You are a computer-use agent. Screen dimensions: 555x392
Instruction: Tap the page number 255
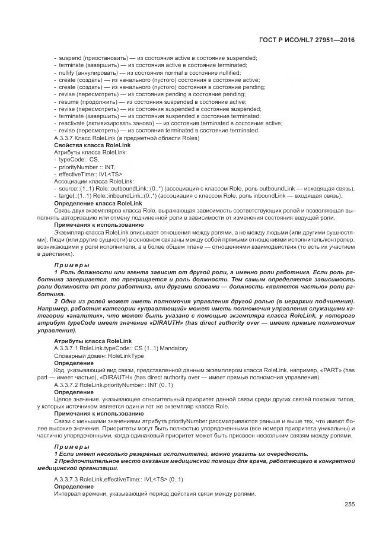point(349,504)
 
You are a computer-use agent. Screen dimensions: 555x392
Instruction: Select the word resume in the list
point(68,102)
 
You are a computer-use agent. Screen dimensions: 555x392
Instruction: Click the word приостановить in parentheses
point(103,58)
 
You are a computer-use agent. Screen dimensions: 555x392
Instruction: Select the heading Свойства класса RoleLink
point(92,145)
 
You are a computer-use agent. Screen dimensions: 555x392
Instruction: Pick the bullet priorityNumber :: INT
point(87,167)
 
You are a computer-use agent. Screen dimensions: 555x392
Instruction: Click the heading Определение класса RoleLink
point(98,203)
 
